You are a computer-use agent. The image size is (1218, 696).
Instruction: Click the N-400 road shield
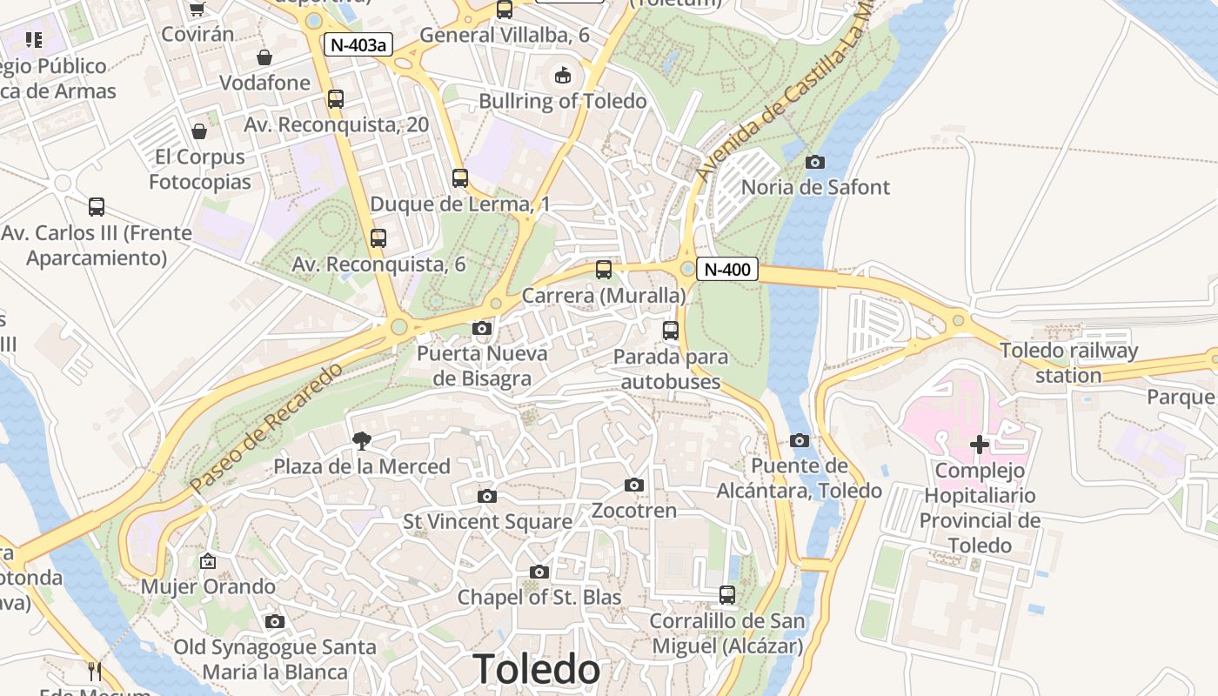tap(726, 270)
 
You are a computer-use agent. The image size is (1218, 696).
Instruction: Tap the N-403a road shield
tap(358, 44)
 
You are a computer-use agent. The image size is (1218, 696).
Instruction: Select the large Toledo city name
tap(536, 669)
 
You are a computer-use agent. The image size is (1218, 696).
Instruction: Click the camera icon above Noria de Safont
tap(815, 162)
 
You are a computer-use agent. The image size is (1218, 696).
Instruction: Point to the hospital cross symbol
tap(980, 445)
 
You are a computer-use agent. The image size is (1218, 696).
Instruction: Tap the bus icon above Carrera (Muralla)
tap(604, 270)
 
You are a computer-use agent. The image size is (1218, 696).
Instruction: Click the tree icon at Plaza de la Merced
tap(362, 441)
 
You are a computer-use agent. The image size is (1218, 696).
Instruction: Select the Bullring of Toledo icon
tap(563, 76)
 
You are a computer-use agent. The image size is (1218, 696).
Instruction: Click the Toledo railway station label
tap(1068, 363)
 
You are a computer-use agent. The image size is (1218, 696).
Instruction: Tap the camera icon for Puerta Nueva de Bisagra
tap(482, 328)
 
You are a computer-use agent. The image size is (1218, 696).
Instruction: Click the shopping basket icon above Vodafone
tap(264, 57)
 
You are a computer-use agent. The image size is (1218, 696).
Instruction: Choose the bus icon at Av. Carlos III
tap(97, 207)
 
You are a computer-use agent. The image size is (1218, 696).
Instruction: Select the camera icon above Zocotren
tap(634, 485)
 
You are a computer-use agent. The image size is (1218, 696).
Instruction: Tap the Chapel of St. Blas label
tap(539, 597)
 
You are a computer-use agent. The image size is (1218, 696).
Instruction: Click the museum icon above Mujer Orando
tap(208, 561)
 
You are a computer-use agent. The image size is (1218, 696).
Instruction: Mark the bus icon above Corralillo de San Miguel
tap(727, 595)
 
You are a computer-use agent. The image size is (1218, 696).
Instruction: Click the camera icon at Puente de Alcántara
tap(800, 440)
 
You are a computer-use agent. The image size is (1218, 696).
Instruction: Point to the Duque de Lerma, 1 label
tap(460, 204)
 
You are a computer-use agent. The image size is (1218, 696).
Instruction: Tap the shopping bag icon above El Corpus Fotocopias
tap(199, 131)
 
